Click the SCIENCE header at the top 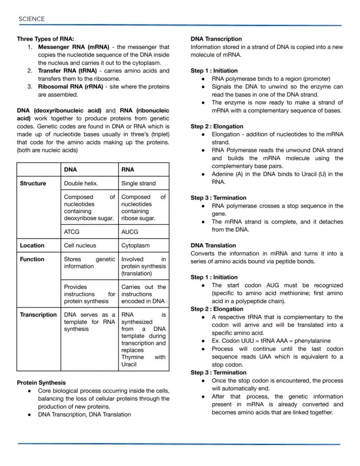31,19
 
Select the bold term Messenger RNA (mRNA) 70,47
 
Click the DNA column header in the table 70,169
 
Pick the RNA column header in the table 128,169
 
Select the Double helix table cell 81,183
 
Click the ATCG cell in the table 72,232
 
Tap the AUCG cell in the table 130,232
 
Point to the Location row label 32,245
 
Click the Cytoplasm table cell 135,245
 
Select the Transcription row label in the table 38,315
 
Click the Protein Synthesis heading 41,382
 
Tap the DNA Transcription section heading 216,39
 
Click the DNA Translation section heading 213,245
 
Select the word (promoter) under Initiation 315,79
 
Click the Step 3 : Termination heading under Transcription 218,198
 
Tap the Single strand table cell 138,183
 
